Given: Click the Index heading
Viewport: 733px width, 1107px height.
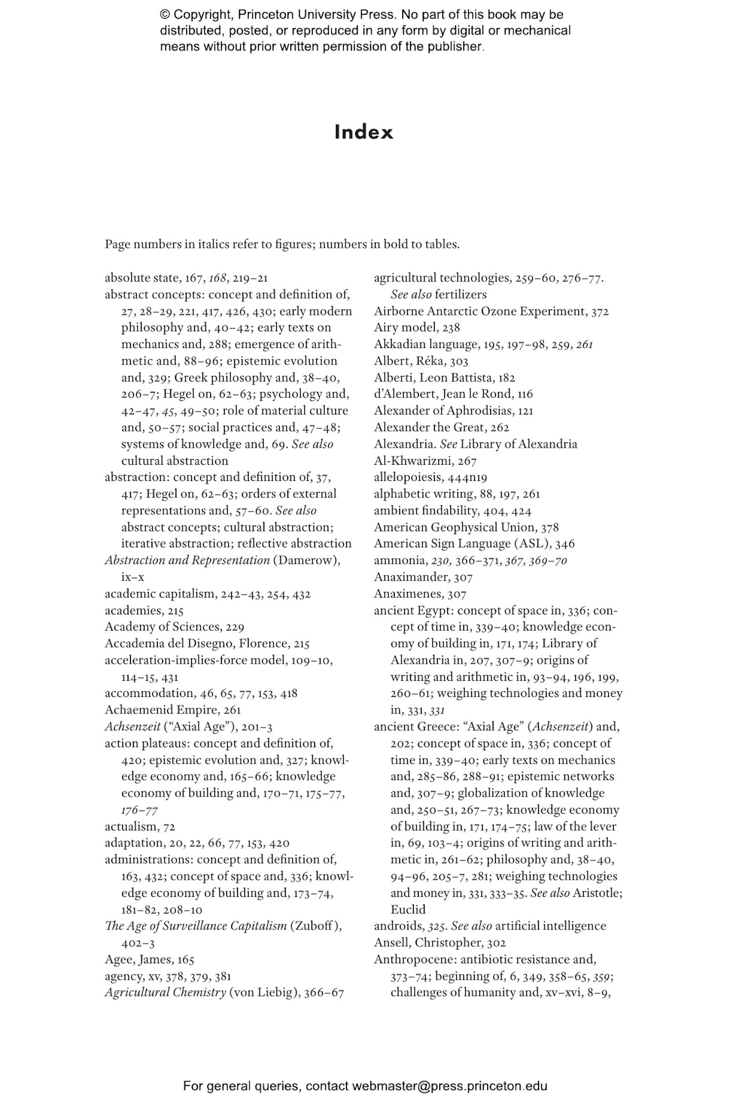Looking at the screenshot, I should [x=364, y=132].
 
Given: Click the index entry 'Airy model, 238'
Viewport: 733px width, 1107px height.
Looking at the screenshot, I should [x=417, y=328].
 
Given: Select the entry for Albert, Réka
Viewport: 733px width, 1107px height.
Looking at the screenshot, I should [x=421, y=361].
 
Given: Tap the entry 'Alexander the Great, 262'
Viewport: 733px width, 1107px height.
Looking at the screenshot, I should [x=441, y=428].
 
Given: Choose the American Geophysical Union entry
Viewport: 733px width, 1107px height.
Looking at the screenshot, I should [x=466, y=527].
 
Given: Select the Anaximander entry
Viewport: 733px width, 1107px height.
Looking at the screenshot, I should [x=423, y=577].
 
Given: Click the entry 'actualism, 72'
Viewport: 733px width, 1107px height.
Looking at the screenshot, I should [x=140, y=826].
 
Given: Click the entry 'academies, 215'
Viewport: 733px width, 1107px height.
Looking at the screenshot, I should [x=144, y=610].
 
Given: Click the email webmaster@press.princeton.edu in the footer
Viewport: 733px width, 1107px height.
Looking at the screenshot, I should [x=449, y=1086].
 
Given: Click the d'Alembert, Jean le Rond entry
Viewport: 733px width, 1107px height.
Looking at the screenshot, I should [x=453, y=394].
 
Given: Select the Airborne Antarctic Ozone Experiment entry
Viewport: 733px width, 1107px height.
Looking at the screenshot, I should [x=491, y=311].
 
